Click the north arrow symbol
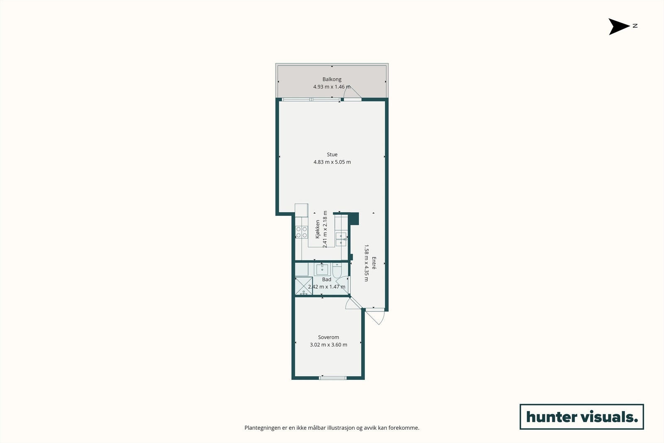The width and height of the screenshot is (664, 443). click(x=619, y=27)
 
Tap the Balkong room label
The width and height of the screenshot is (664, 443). click(x=332, y=79)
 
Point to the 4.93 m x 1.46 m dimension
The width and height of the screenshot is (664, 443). click(x=332, y=87)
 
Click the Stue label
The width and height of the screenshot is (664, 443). click(x=332, y=154)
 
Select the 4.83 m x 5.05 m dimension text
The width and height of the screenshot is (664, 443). click(x=332, y=162)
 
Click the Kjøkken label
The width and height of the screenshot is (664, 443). click(x=318, y=229)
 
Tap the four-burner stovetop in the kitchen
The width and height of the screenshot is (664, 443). click(x=302, y=233)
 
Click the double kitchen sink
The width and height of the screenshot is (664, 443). click(x=341, y=239)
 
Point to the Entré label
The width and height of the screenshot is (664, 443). click(x=374, y=263)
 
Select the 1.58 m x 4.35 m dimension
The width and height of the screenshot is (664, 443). click(x=366, y=263)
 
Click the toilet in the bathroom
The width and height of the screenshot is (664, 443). click(x=337, y=270)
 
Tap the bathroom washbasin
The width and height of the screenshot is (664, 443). click(x=322, y=269)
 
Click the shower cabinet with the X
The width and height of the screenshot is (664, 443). click(x=303, y=286)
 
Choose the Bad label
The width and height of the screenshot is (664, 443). click(x=327, y=279)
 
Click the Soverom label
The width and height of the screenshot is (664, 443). click(x=329, y=337)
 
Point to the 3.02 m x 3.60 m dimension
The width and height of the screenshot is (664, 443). click(x=329, y=345)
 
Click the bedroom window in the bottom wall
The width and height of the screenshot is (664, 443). click(x=332, y=377)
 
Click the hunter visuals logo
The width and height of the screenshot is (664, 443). click(x=581, y=416)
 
